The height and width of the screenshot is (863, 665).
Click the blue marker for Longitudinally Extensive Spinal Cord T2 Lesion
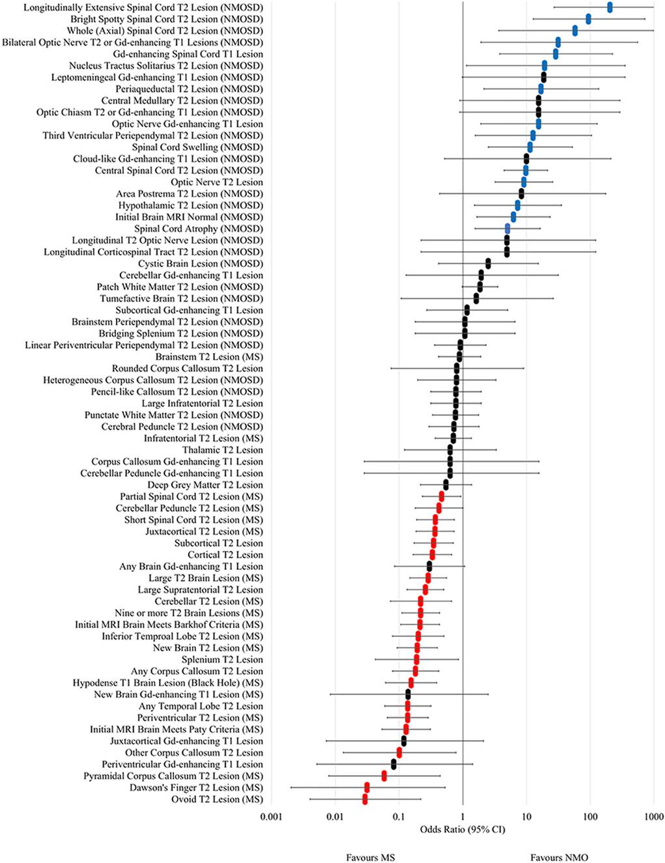point(610,7)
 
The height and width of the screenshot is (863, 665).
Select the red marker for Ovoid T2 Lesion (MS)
point(365,799)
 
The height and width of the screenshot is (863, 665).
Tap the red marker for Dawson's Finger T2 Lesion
point(367,787)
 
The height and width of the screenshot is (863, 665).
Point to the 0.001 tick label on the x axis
point(270,817)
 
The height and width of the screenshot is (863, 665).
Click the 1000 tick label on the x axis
point(653,817)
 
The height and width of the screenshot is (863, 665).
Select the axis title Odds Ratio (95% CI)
point(462,829)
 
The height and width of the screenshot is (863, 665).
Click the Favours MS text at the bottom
point(371,857)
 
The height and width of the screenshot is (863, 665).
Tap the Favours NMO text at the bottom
point(559,857)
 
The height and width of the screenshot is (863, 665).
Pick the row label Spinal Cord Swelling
point(197,147)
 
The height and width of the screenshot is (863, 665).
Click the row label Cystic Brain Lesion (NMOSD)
point(201,264)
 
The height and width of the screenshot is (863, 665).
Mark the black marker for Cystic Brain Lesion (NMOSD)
point(488,264)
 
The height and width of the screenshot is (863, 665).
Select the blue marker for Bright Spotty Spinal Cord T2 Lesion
point(588,19)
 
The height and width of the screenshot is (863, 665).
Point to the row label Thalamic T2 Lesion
point(223,450)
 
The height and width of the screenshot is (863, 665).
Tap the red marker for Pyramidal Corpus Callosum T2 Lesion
point(384,776)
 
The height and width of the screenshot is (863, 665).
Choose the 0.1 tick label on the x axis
point(398,817)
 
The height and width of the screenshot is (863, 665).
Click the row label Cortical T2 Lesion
point(225,555)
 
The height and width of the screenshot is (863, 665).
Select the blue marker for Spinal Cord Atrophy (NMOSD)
point(507,229)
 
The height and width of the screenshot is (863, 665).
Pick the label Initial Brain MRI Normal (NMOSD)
point(189,217)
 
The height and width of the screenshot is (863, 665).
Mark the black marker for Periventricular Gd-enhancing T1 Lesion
point(393,764)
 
